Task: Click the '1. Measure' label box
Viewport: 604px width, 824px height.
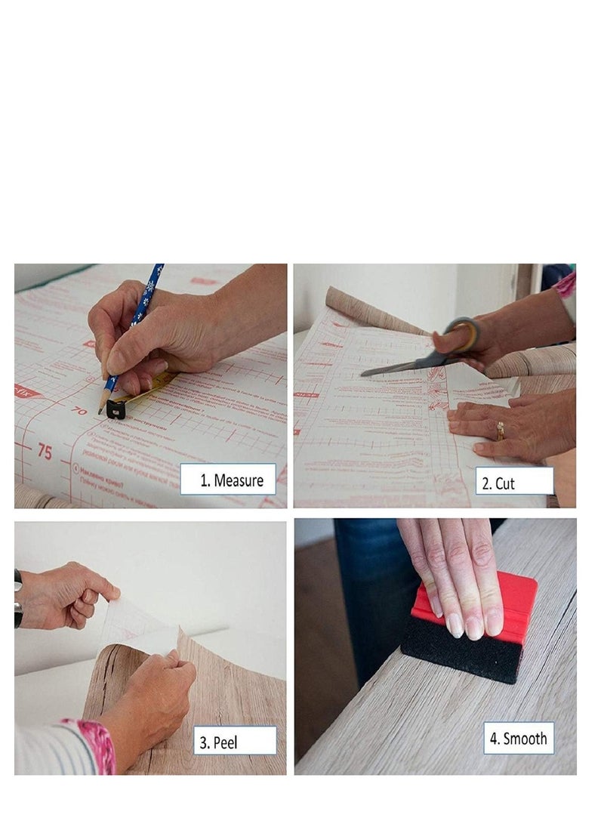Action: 228,479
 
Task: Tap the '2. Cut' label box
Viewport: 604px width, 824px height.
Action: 514,481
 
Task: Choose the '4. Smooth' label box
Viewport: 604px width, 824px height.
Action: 518,738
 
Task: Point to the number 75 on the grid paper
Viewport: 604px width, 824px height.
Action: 45,452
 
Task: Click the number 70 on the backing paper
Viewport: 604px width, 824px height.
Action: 79,411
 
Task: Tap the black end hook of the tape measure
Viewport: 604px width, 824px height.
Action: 116,409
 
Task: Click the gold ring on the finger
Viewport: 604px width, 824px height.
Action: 500,432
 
